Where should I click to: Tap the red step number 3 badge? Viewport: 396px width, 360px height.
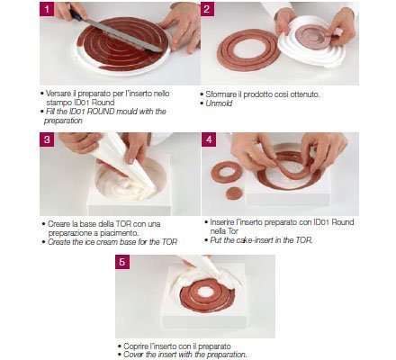pyautogui.click(x=45, y=139)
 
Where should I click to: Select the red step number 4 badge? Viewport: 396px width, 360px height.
pyautogui.click(x=207, y=139)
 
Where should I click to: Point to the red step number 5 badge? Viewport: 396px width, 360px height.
pyautogui.click(x=123, y=262)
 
